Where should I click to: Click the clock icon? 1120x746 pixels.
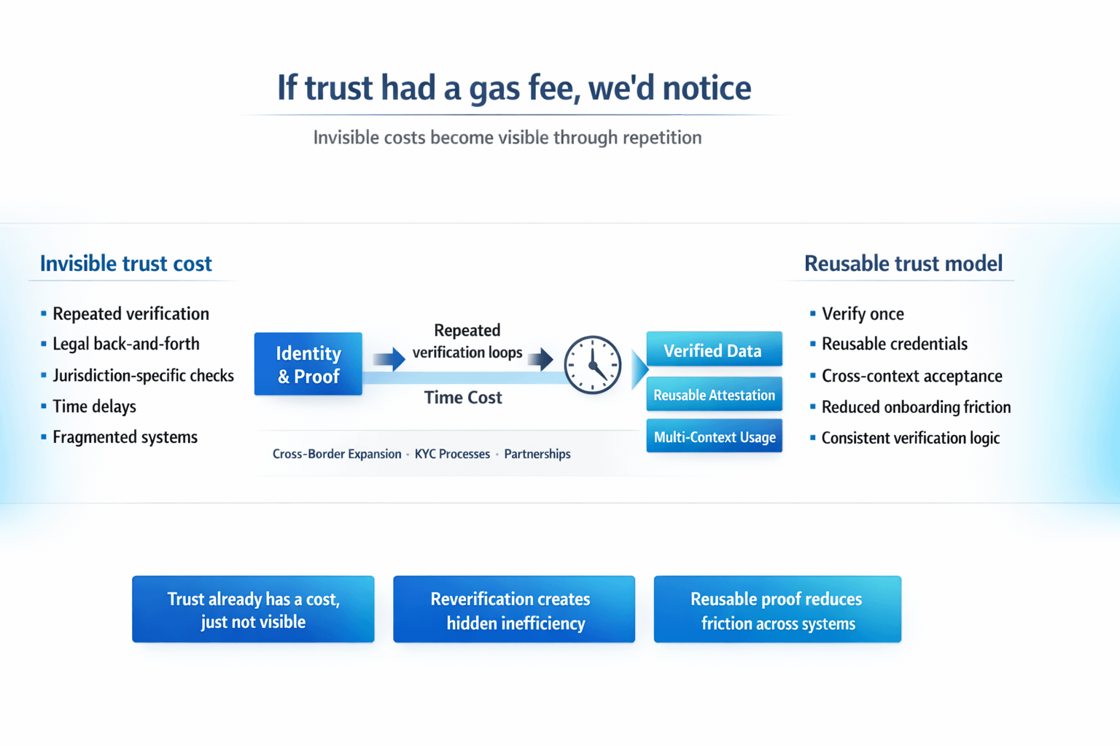[593, 364]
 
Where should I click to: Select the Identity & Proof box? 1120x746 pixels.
[308, 364]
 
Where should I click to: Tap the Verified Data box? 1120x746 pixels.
[714, 350]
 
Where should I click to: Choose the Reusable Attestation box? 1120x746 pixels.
[714, 395]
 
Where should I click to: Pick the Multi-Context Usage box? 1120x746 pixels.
[714, 436]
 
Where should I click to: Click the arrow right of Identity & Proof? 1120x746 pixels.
[389, 358]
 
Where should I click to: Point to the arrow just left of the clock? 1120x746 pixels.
[540, 358]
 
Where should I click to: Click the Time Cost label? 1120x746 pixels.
[463, 398]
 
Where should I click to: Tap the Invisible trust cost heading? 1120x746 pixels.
[126, 264]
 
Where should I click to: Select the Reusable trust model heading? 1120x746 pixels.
[903, 264]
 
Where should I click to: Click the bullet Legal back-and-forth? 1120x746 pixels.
[126, 344]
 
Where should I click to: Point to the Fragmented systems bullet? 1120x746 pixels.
[125, 437]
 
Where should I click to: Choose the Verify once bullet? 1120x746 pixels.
[863, 314]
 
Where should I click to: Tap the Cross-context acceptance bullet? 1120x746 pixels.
[911, 376]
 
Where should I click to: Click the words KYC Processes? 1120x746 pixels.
[452, 454]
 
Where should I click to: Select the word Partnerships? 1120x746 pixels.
[537, 454]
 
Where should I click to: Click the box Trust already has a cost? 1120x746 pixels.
[253, 610]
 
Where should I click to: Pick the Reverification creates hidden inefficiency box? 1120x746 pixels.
[514, 610]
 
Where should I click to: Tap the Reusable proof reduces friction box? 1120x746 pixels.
[777, 610]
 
